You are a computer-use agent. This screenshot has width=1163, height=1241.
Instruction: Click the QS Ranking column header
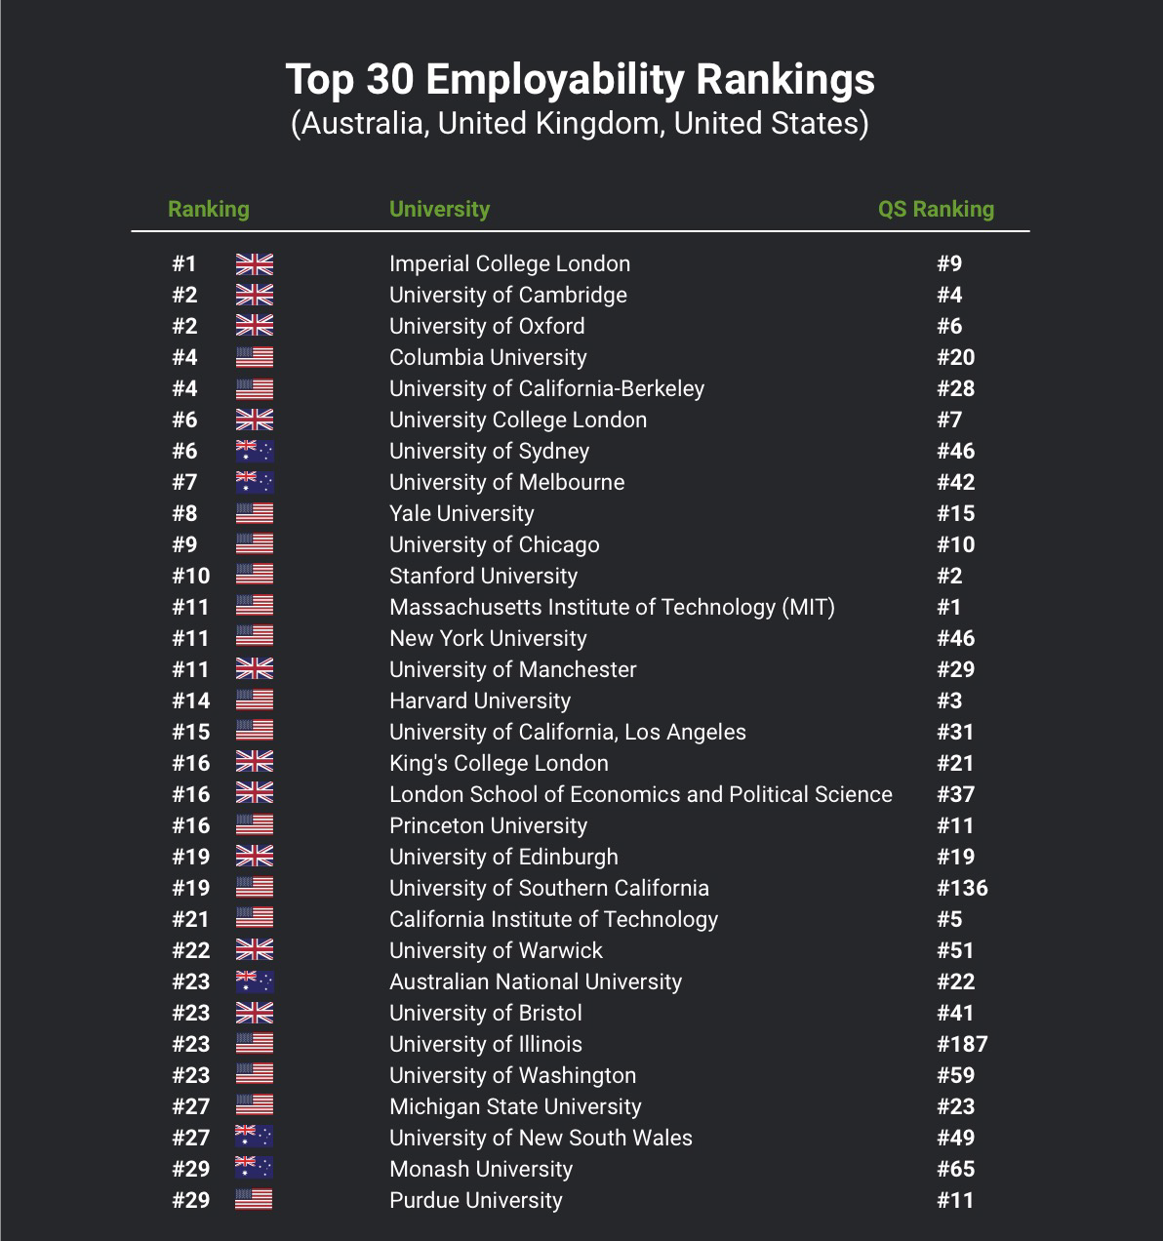coord(936,209)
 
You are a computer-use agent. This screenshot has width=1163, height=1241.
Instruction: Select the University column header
coord(439,209)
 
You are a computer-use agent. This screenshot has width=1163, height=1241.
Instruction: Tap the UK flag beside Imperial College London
coord(255,264)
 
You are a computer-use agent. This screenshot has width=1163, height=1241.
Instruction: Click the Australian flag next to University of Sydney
coord(255,451)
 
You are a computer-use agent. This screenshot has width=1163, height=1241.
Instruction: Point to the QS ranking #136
coord(962,888)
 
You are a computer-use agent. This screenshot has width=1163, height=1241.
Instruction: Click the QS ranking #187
coord(962,1044)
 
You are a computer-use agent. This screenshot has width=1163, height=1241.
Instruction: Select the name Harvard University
coord(480,701)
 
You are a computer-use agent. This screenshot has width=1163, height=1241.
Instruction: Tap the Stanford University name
coord(483,576)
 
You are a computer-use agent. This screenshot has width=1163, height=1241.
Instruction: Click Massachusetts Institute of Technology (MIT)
coord(612,608)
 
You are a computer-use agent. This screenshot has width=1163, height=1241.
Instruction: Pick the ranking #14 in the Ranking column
coord(190,701)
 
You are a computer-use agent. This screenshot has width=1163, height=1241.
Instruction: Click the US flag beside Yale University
coord(255,513)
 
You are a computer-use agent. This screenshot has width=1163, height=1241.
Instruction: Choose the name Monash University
coord(481,1169)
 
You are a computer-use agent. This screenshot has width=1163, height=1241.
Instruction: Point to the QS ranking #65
coord(955,1169)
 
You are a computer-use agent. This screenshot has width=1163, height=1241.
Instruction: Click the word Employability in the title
coord(555,80)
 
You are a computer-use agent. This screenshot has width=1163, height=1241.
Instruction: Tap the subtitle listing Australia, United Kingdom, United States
coord(580,123)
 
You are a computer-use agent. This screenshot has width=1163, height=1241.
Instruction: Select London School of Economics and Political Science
coord(641,794)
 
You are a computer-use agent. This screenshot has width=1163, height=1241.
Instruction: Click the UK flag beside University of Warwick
coord(255,950)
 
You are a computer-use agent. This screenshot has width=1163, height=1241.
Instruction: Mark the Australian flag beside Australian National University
coord(255,981)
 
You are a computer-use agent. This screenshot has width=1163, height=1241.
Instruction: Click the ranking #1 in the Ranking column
coord(183,263)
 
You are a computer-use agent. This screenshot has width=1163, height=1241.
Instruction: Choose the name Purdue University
coord(475,1200)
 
